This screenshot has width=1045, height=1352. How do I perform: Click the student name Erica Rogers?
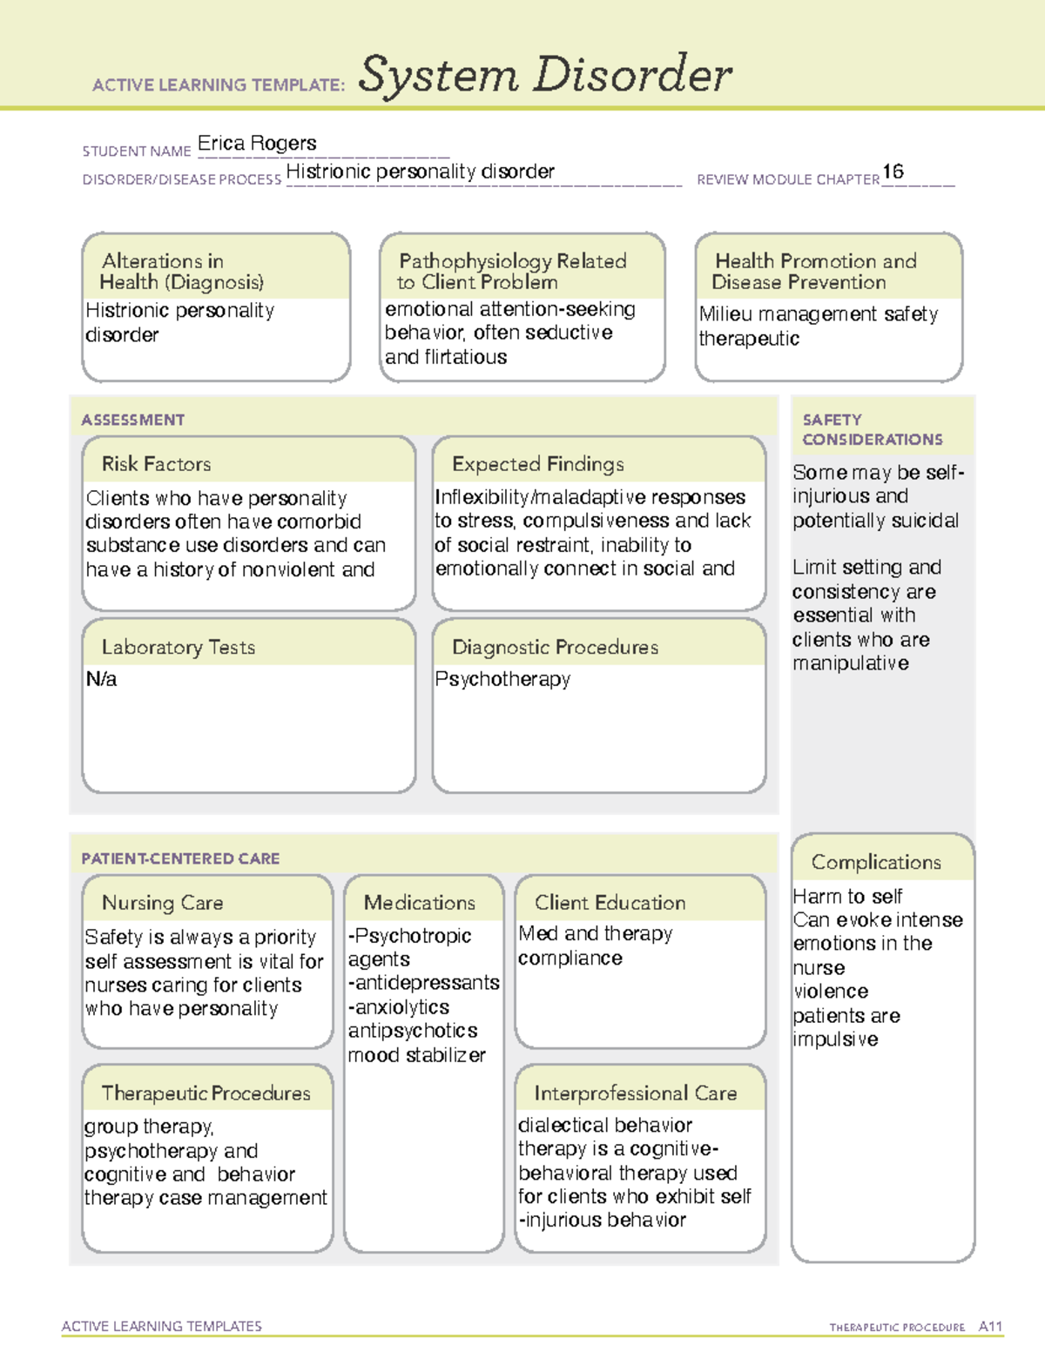(257, 144)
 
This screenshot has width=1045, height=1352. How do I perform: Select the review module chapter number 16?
(893, 172)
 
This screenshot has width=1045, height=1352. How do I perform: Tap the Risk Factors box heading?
(156, 464)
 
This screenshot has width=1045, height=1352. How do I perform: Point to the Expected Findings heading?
(537, 464)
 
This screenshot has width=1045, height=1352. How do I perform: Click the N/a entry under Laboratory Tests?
(101, 679)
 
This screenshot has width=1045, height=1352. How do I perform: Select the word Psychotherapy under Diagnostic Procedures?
(502, 679)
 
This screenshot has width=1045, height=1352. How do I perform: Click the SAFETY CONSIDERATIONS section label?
(872, 430)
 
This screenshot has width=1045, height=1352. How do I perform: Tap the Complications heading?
(876, 862)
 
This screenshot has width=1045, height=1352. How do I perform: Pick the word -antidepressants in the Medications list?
(423, 983)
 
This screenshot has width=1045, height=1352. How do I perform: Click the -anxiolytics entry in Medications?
(399, 1007)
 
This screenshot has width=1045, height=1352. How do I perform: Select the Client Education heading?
(610, 903)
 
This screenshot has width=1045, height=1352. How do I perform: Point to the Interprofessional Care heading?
(635, 1093)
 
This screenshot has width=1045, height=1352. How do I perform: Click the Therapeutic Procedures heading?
(206, 1093)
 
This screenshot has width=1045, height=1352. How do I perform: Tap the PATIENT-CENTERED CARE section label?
(180, 858)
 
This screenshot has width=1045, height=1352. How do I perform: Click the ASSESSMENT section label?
(132, 420)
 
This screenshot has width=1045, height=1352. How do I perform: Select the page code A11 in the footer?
(990, 1327)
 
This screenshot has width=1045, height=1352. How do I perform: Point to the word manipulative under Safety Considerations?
(850, 663)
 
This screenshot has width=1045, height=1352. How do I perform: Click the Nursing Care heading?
(162, 903)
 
